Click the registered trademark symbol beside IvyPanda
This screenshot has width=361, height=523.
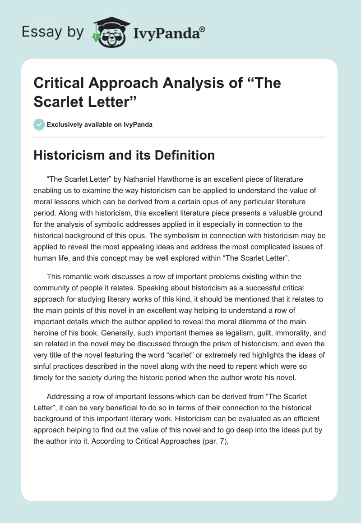203,30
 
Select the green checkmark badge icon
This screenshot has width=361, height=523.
39,124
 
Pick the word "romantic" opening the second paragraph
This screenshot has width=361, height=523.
77,276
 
